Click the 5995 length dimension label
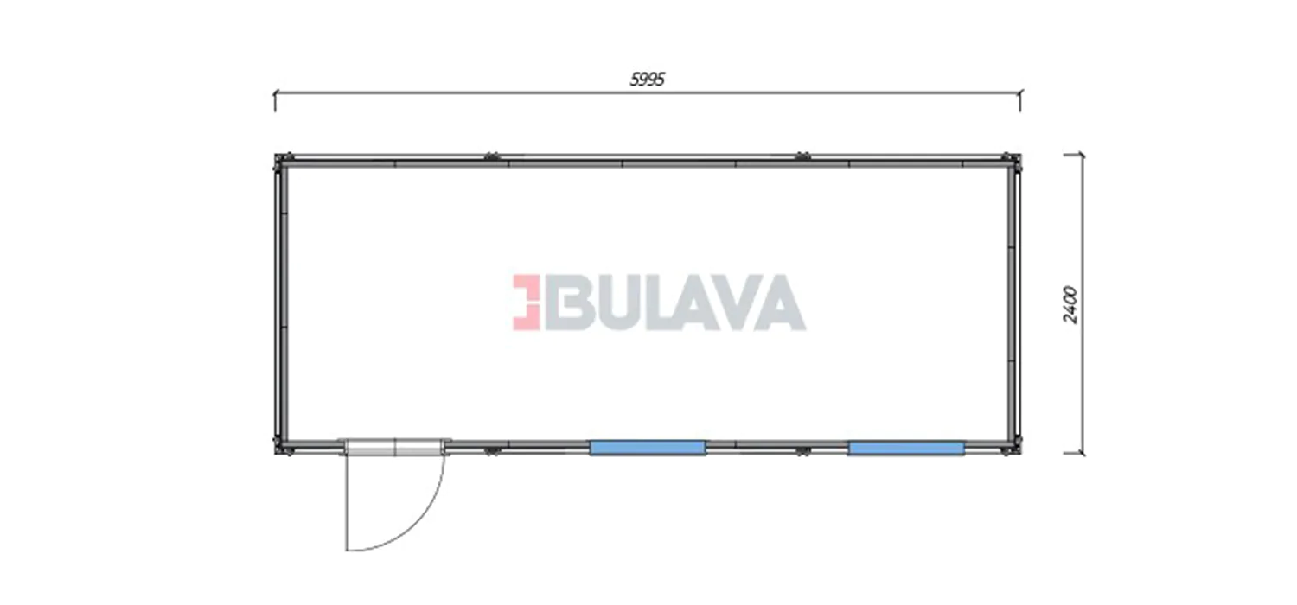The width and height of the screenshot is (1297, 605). pos(648,80)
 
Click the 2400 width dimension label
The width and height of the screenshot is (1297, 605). pos(1070,304)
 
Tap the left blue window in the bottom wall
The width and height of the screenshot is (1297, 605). pos(648,448)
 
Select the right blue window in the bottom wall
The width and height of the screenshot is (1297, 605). pos(906,448)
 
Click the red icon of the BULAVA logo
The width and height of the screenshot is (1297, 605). pos(526,302)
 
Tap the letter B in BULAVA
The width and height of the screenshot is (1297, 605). pos(562,302)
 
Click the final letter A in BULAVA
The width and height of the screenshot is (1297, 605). pos(779,302)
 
